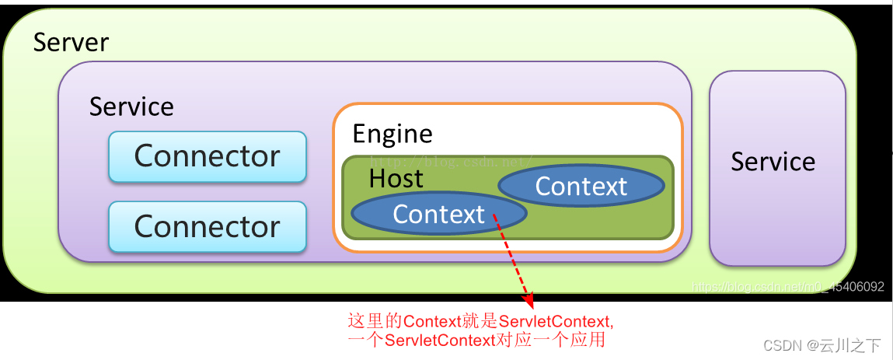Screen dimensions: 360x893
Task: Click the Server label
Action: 71,42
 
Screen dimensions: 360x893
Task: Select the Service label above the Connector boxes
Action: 131,107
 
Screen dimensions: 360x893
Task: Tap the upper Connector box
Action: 208,156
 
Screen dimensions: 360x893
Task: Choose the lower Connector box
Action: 208,226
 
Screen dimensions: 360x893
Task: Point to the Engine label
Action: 392,134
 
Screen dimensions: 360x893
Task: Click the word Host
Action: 396,178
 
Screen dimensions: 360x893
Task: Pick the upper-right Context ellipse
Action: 581,186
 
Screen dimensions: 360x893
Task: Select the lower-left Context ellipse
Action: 438,214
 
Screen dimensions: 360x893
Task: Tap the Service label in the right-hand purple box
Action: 773,162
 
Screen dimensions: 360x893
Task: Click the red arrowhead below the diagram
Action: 528,298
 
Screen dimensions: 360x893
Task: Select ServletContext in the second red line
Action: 440,341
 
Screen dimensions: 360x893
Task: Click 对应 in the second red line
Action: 511,341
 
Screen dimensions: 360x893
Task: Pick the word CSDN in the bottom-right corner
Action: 782,345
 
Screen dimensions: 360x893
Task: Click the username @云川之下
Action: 843,345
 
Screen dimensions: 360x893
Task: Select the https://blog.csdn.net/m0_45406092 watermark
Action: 787,287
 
